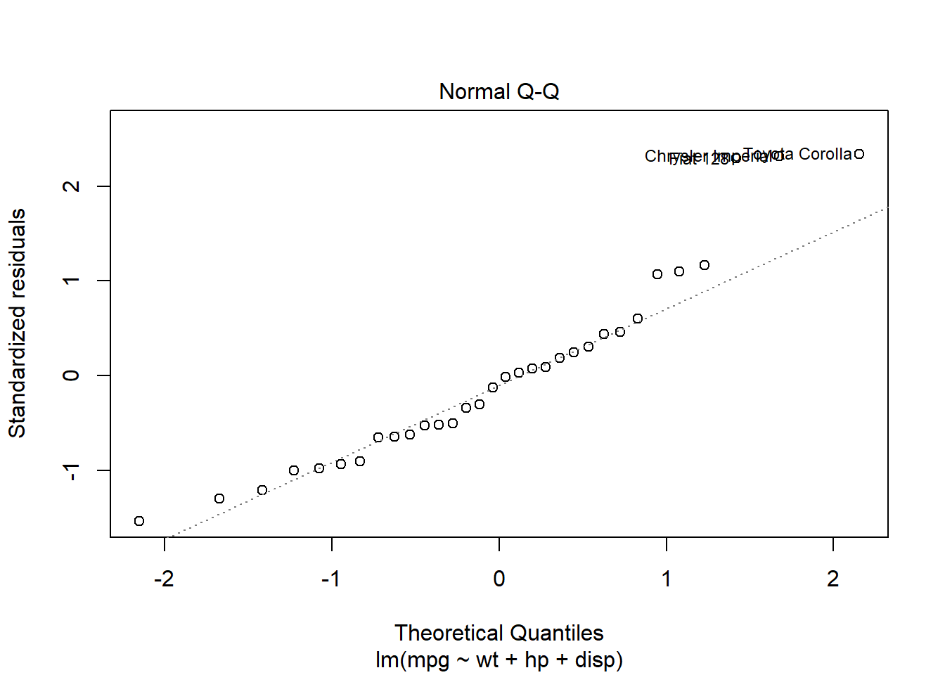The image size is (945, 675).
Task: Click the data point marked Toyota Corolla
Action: [859, 154]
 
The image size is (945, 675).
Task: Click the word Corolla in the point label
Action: [825, 154]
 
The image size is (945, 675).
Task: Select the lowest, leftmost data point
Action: [139, 521]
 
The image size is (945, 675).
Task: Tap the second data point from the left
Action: [219, 499]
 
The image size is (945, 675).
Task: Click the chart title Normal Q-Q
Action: [499, 92]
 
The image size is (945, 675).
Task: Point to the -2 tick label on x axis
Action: [164, 579]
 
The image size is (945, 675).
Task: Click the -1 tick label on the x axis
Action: [330, 579]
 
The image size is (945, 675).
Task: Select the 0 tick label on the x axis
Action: [499, 579]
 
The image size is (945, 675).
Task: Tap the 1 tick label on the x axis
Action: [666, 579]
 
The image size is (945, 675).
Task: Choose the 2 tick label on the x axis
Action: [833, 579]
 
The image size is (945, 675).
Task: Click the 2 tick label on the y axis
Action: [72, 186]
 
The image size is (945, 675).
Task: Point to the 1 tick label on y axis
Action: [72, 281]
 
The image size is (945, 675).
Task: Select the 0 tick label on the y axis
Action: [72, 375]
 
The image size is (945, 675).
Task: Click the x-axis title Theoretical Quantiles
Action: [499, 633]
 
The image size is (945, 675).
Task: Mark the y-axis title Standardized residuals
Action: [17, 323]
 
